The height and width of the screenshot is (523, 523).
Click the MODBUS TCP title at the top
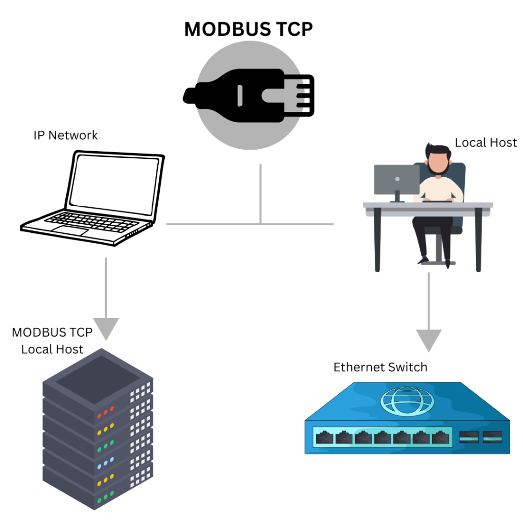tap(248, 30)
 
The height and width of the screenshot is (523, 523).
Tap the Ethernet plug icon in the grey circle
tap(249, 96)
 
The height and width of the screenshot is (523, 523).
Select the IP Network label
tap(65, 135)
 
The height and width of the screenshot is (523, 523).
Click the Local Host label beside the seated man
tap(486, 142)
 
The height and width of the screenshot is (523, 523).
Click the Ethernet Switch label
tap(380, 367)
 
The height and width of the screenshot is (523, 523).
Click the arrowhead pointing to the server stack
tap(106, 328)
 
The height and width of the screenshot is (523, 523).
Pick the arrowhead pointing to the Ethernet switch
tap(428, 340)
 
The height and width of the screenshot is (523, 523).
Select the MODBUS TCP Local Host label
tap(52, 341)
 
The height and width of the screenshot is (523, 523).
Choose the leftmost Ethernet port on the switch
tap(324, 438)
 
